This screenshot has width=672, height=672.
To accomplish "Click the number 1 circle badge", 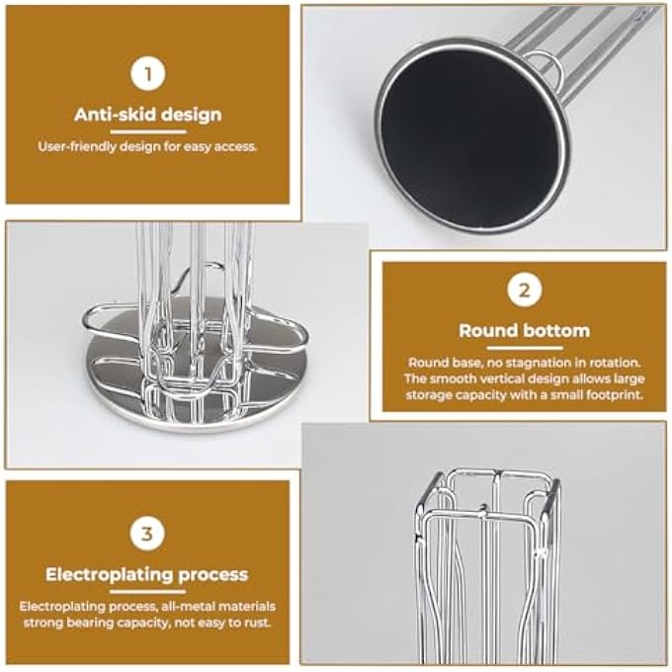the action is pyautogui.click(x=148, y=74).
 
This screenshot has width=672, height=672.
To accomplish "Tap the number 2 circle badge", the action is pyautogui.click(x=524, y=290).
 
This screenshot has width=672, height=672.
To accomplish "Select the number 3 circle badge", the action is pyautogui.click(x=147, y=534).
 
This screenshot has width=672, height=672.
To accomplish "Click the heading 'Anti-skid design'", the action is pyautogui.click(x=148, y=115).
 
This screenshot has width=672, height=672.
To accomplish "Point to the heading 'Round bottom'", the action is pyautogui.click(x=524, y=330).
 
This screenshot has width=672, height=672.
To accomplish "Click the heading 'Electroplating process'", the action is pyautogui.click(x=147, y=574).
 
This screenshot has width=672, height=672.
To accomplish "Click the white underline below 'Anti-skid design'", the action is pyautogui.click(x=148, y=131).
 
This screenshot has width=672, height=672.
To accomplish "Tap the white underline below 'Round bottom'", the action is pyautogui.click(x=525, y=348).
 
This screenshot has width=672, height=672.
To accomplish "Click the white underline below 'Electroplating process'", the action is pyautogui.click(x=147, y=592).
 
